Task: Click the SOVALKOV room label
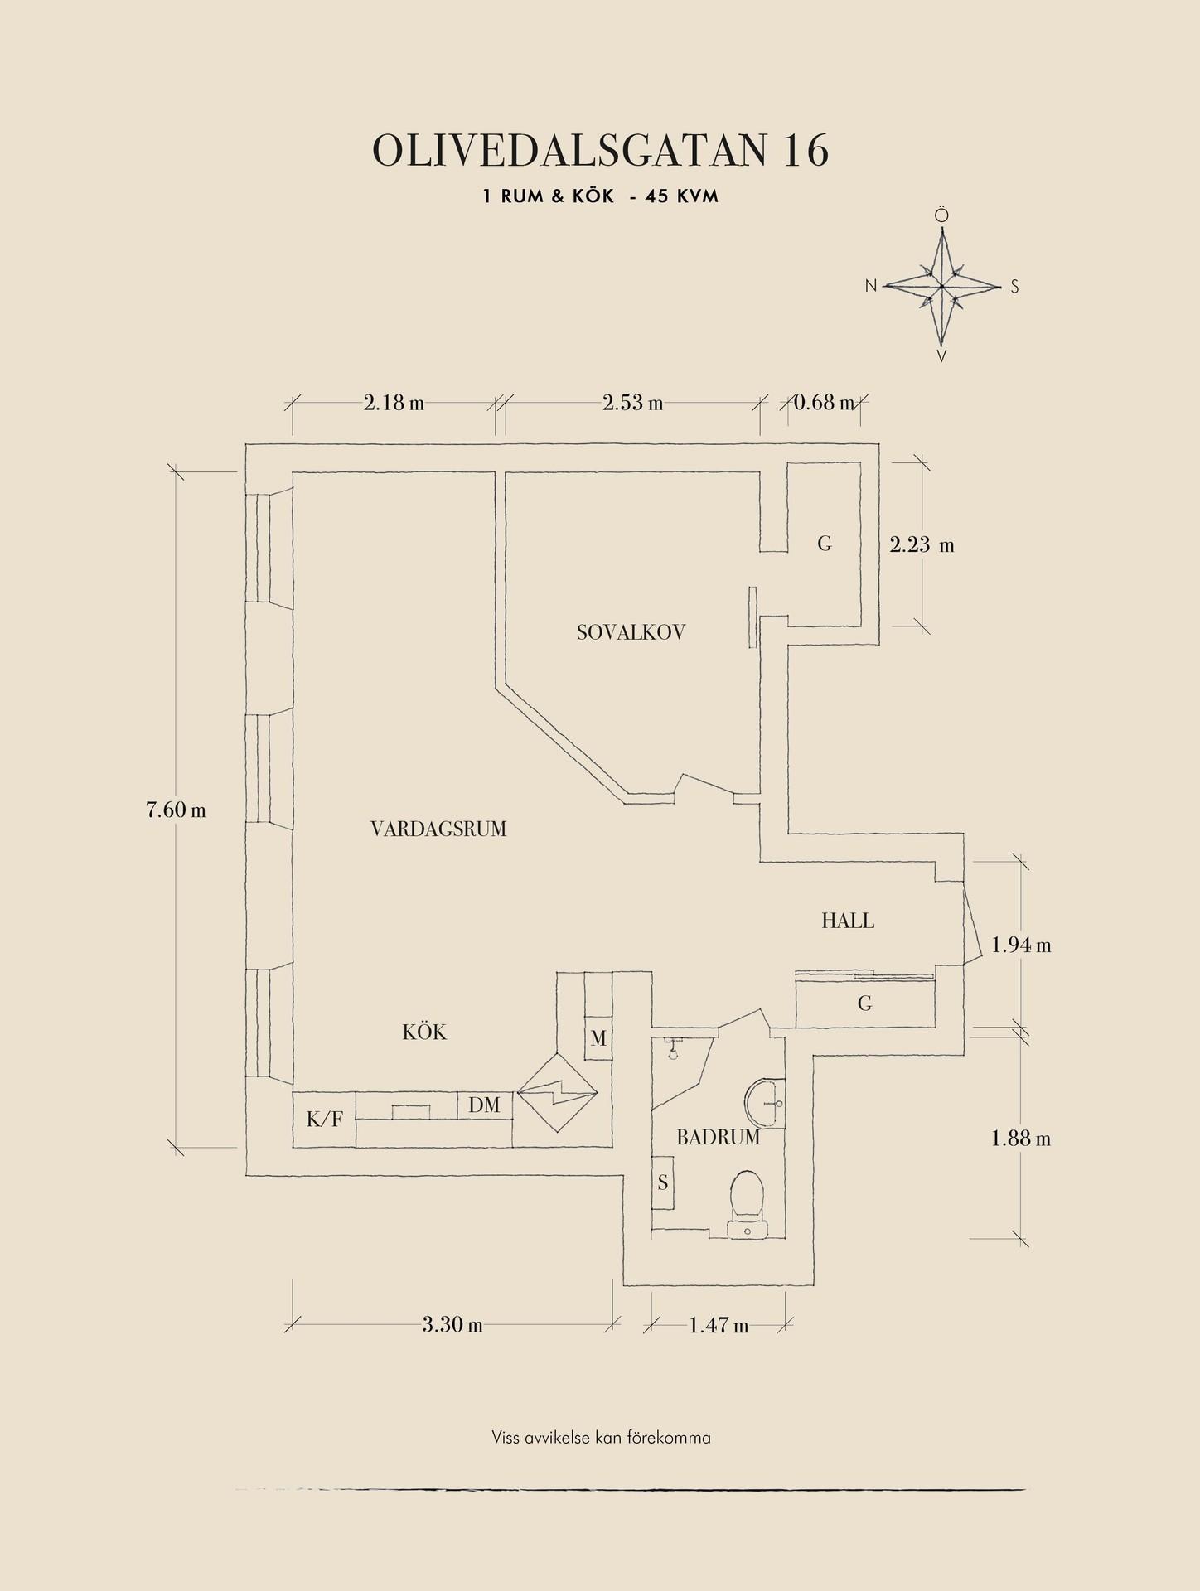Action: [x=631, y=633]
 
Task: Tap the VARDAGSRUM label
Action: [x=438, y=829]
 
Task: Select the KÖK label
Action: [x=424, y=1032]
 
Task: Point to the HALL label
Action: [x=848, y=920]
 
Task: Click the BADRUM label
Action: [x=718, y=1138]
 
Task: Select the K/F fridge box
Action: [x=324, y=1120]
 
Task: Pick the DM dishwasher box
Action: [x=484, y=1105]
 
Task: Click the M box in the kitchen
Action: [x=598, y=1038]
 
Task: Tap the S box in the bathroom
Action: [x=662, y=1182]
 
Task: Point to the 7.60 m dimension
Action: [x=176, y=810]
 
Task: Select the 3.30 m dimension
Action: [x=452, y=1324]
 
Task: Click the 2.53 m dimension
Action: [x=632, y=404]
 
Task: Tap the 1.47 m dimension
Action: [x=719, y=1325]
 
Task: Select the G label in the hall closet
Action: [x=864, y=1004]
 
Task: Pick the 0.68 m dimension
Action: [x=824, y=404]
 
